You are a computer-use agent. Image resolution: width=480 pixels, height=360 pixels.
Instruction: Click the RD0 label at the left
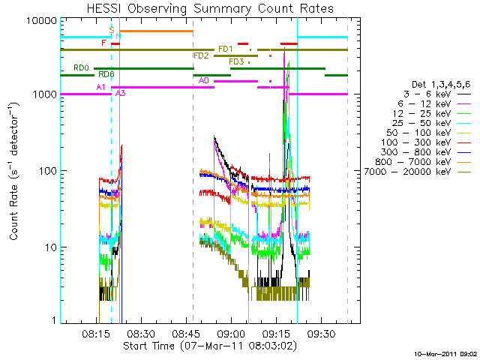coord(81,67)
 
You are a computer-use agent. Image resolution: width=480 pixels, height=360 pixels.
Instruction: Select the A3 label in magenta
coord(121,94)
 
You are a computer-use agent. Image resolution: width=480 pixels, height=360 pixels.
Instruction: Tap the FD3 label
coord(236,61)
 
